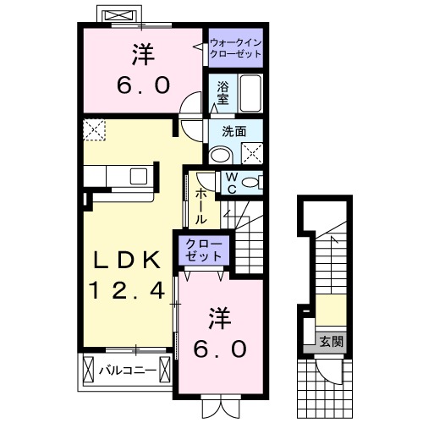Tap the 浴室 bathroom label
[x=223, y=91]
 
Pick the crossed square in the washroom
[x=251, y=153]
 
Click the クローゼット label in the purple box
[x=204, y=251]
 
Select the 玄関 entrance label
[x=331, y=342]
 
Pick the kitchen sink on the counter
[x=137, y=176]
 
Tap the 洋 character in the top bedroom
[x=144, y=54]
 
